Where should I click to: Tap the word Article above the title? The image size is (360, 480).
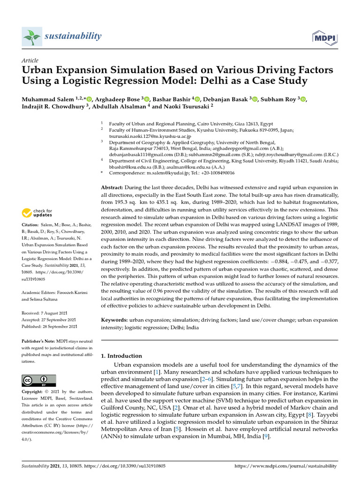[x=30, y=60]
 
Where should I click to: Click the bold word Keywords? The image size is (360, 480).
[x=114, y=320]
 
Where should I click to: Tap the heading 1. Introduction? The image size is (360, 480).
[x=122, y=356]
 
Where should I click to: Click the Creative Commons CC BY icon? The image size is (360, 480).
[x=39, y=380]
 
